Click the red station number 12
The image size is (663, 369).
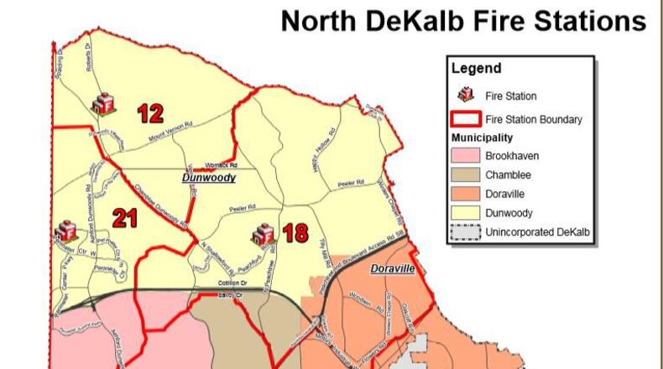point(150,112)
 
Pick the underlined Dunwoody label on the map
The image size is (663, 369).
point(209,179)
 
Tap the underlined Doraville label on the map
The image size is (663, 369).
point(392,269)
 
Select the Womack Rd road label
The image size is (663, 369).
point(222,165)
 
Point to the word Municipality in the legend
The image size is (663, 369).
point(482,138)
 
